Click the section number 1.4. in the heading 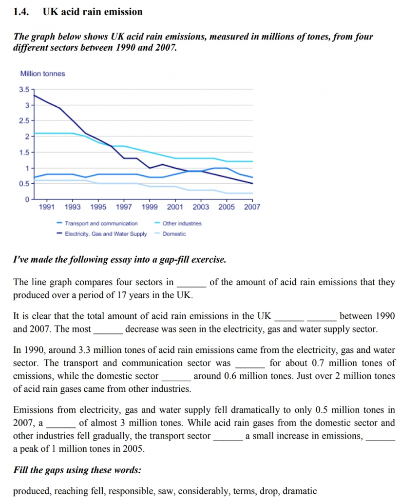pyautogui.click(x=21, y=12)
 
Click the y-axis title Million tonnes pyautogui.click(x=42, y=74)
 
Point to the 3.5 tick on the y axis pyautogui.click(x=24, y=89)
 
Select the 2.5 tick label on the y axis pyautogui.click(x=24, y=121)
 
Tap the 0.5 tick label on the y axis pyautogui.click(x=24, y=184)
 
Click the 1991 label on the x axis pyautogui.click(x=47, y=207)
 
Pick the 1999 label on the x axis pyautogui.click(x=150, y=207)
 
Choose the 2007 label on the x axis pyautogui.click(x=252, y=207)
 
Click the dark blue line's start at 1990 pyautogui.click(x=34, y=95)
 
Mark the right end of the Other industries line pyautogui.click(x=252, y=161)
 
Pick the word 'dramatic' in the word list pyautogui.click(x=300, y=491)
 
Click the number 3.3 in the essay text pyautogui.click(x=84, y=350)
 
